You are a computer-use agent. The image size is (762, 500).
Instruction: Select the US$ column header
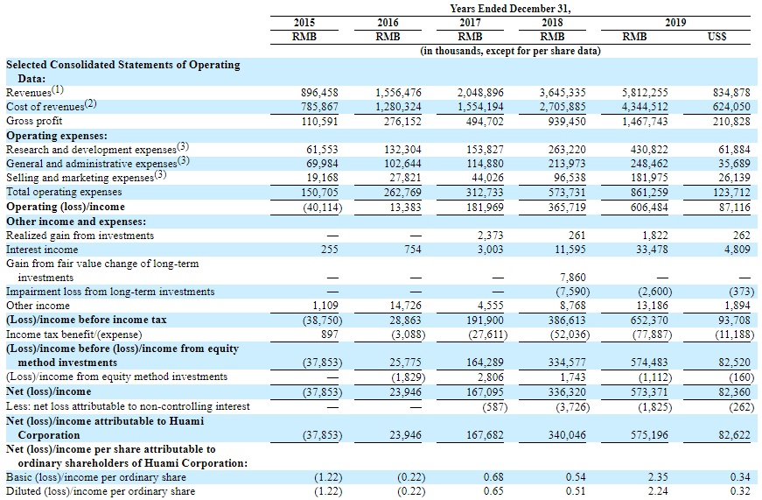pyautogui.click(x=715, y=37)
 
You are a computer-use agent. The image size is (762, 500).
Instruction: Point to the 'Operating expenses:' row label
pyautogui.click(x=57, y=136)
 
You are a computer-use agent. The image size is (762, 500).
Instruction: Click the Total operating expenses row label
pyautogui.click(x=64, y=192)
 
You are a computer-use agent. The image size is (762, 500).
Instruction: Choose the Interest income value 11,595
pyautogui.click(x=569, y=250)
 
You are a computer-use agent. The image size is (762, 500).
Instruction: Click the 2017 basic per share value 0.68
pyautogui.click(x=492, y=477)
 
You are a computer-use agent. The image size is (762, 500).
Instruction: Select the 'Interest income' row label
pyautogui.click(x=43, y=250)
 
